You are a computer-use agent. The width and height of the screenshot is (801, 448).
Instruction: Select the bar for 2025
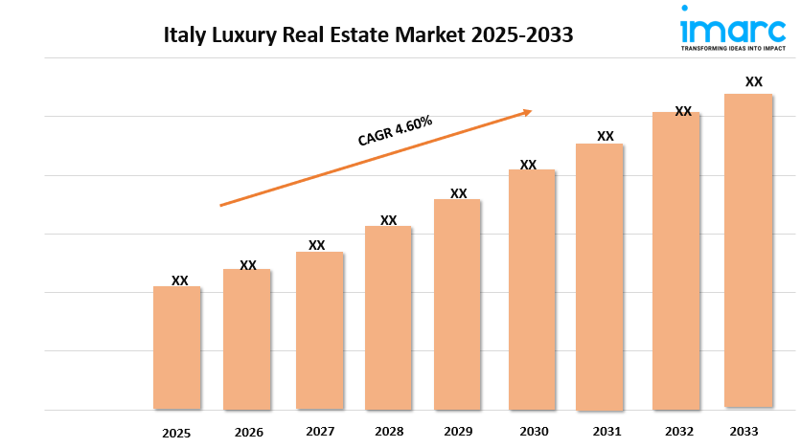177,347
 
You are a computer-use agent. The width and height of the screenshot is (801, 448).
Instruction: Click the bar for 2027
319,330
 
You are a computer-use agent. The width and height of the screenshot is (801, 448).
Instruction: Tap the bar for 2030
532,289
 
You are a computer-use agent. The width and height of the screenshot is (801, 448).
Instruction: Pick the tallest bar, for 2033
748,251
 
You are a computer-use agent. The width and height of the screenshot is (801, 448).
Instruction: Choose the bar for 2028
388,317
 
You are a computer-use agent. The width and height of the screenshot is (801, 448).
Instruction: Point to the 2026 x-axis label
247,432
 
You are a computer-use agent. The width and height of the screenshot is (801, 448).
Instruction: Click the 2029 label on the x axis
457,431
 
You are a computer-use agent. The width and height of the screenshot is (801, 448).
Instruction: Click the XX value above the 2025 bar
179,280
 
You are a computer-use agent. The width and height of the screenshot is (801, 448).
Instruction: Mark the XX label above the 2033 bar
754,81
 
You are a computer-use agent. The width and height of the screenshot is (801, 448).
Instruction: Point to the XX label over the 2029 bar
458,193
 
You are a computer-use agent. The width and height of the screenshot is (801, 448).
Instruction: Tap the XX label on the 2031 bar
605,136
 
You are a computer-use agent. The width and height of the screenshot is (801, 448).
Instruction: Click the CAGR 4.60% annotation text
395,131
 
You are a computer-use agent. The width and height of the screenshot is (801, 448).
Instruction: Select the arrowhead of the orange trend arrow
526,112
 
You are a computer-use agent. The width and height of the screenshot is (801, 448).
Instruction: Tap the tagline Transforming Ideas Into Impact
732,46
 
